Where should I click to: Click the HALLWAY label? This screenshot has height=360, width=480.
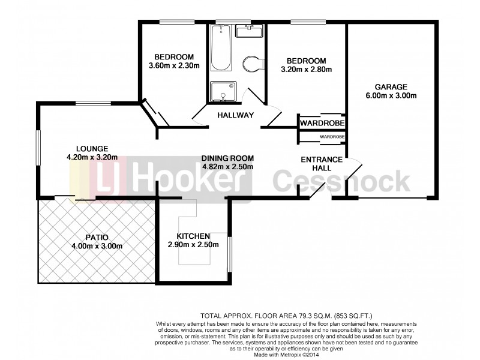click(x=235, y=115)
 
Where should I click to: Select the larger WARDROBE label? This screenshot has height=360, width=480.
click(x=322, y=123)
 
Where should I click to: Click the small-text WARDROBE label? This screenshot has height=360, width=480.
click(x=331, y=137)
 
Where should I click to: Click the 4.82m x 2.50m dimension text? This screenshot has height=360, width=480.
click(x=227, y=167)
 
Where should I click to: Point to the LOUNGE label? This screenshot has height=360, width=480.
click(x=92, y=149)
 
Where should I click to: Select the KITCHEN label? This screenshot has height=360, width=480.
click(x=193, y=236)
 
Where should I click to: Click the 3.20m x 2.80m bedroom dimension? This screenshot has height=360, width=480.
click(x=305, y=70)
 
